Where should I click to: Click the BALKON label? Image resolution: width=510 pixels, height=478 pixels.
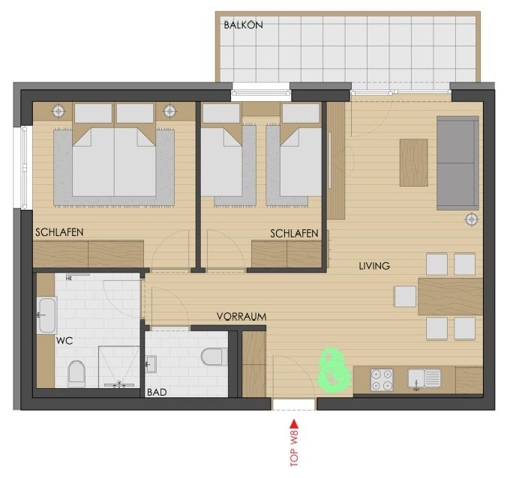point(243,25)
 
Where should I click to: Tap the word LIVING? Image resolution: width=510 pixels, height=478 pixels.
point(374,266)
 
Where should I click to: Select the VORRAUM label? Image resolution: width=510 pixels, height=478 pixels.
point(241,316)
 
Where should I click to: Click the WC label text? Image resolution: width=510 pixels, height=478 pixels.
point(64,341)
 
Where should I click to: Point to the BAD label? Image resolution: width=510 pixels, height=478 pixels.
point(157,392)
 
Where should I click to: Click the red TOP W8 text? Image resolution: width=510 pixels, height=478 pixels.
point(294,448)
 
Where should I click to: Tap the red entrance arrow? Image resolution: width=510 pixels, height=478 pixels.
point(294,424)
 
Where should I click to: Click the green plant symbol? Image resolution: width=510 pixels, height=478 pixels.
point(334,369)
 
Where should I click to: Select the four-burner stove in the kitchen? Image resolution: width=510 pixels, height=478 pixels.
point(382,380)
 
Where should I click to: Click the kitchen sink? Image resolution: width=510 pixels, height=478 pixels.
point(424,378)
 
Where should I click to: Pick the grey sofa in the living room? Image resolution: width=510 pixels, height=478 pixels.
point(457,163)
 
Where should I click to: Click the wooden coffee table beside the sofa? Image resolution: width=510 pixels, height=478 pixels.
point(414,163)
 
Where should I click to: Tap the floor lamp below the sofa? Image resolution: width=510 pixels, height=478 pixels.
point(472,220)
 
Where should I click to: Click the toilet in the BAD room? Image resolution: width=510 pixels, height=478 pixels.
point(214,357)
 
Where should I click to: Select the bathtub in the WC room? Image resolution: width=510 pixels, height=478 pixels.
point(47,315)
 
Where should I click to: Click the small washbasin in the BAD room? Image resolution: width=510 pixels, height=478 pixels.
point(151,364)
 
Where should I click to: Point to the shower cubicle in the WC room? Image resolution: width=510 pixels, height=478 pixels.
point(119,367)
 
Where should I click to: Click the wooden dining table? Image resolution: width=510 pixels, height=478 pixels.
point(450,297)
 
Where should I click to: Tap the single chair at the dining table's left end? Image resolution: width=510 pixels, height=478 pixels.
point(405,297)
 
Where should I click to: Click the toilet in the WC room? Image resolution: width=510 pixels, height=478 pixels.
point(76,372)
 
